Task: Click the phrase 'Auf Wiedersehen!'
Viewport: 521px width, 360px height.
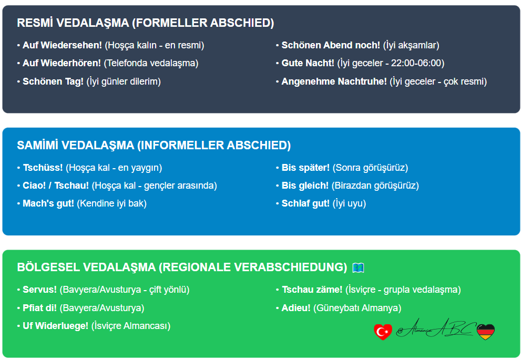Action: pos(62,45)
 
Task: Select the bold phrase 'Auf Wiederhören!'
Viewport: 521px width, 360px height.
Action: pos(62,63)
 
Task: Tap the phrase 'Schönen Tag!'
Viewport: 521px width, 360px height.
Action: pos(53,81)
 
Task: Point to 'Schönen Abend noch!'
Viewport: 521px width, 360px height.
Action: pos(331,45)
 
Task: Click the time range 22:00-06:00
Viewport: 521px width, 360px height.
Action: pos(418,63)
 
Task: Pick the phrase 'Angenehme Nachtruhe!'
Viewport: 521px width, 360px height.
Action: pos(334,81)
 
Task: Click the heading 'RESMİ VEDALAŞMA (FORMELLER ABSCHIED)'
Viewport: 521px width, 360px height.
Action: pos(146,23)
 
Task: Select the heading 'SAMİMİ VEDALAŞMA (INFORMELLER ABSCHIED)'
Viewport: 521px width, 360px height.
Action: pos(154,146)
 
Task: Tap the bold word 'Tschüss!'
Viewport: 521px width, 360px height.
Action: pos(43,168)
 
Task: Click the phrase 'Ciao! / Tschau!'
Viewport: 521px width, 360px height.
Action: pos(56,186)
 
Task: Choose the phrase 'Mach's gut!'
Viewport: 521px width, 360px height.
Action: pos(48,203)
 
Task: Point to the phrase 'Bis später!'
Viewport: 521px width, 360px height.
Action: pos(305,168)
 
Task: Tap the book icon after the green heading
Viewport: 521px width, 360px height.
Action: pos(358,268)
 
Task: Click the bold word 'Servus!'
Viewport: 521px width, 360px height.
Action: pos(40,290)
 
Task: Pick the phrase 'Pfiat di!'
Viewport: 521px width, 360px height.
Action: pos(40,308)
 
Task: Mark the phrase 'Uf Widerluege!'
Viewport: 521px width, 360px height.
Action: pos(56,326)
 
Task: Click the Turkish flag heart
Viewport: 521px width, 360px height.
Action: pos(383,331)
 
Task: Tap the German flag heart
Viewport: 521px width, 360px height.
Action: pos(485,331)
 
